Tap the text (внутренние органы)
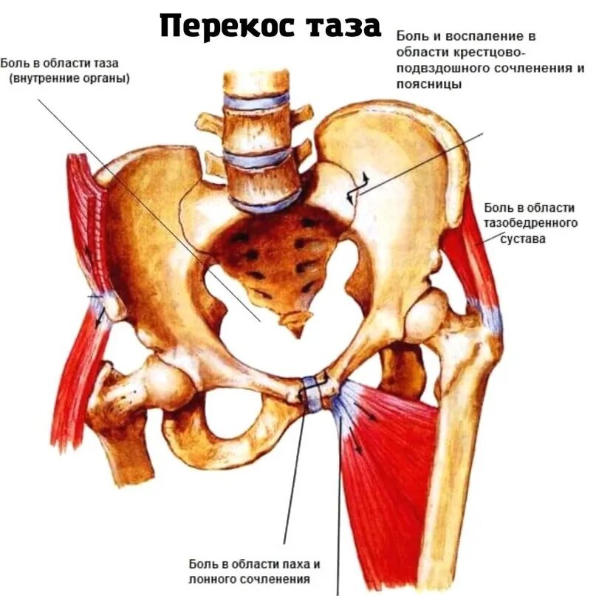(x=69, y=78)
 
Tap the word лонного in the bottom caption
(x=213, y=580)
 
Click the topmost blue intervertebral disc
(x=256, y=101)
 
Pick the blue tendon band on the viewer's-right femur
(x=487, y=316)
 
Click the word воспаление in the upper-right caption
(x=463, y=35)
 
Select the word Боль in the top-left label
(x=16, y=64)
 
